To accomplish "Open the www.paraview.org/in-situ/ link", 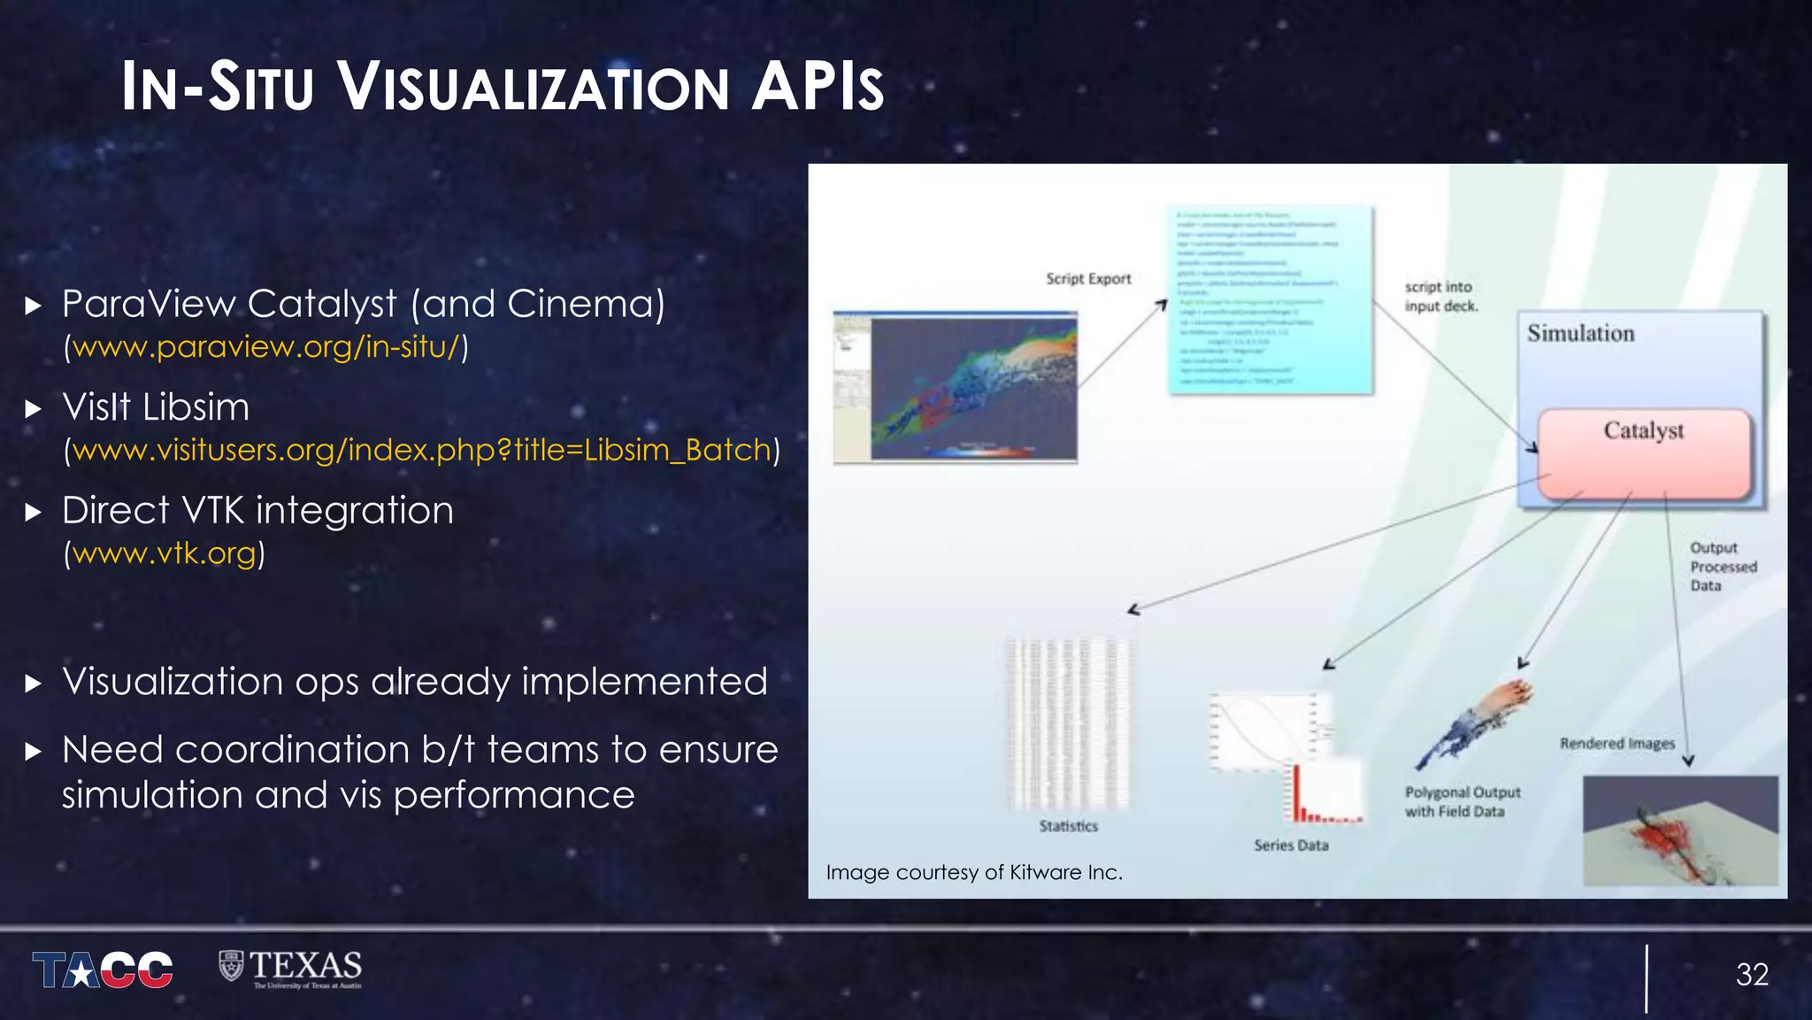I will [266, 347].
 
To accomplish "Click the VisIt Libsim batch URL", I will [422, 450].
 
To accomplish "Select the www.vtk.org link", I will [165, 553].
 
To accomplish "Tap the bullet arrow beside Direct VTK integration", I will [34, 512].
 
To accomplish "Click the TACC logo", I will [103, 970].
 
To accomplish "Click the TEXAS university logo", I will [290, 968].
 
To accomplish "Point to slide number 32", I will [1751, 975].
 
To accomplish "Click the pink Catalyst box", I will [1644, 454].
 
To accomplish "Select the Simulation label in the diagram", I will [1580, 334].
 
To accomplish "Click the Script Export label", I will [1088, 279].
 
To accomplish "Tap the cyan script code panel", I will [1270, 301].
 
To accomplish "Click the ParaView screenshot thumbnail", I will [956, 387].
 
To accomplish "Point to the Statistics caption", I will [1068, 826].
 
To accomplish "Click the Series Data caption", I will [1291, 846].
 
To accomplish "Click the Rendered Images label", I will [1616, 744].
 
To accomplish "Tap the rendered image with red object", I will [1679, 831].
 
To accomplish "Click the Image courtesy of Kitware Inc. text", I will [974, 872].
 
